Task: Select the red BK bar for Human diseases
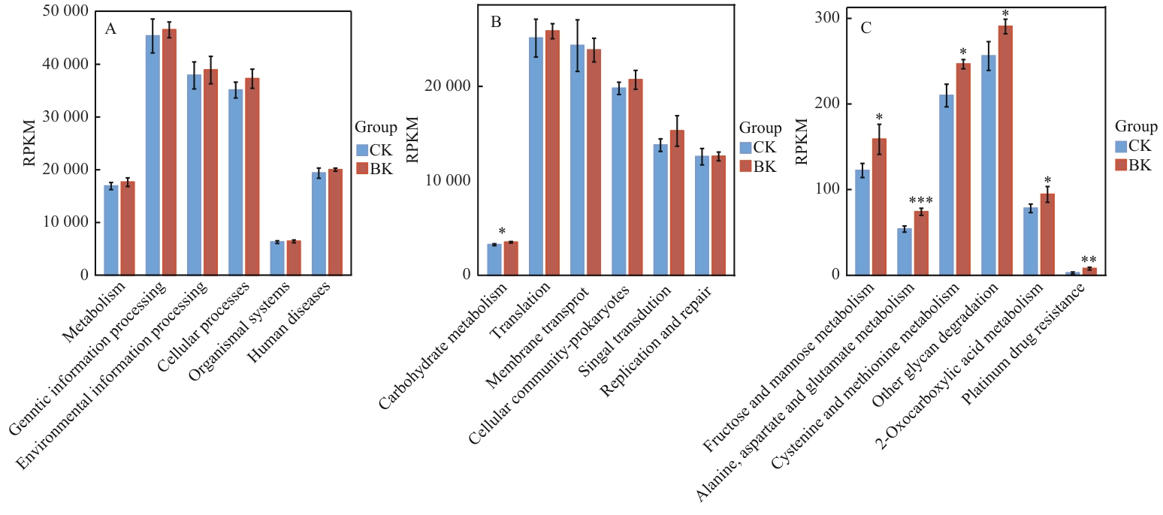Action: pos(335,222)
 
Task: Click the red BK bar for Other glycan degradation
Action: pos(1005,150)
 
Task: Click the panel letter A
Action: pos(110,29)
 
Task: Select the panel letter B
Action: pos(496,23)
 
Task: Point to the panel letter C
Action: pos(866,29)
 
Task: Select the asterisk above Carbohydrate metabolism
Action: pos(502,232)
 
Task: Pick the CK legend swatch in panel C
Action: pos(1122,146)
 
